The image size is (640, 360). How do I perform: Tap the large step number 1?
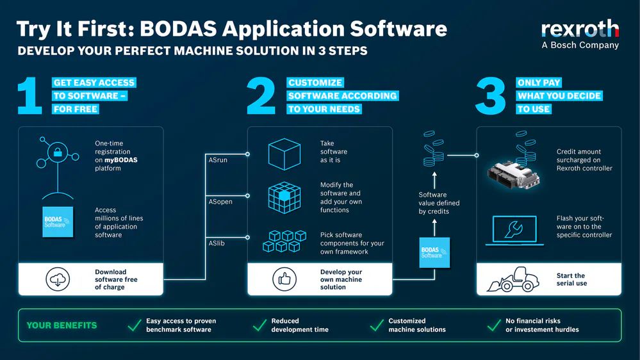pos(29,96)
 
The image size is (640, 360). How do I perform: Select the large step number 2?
pos(261,96)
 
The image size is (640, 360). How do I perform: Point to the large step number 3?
pos(491,96)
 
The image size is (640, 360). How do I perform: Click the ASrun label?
pos(218,160)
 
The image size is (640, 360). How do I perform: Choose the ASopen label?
pos(220,202)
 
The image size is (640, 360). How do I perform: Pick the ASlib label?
pos(217,243)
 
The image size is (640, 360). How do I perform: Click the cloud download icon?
pos(58,279)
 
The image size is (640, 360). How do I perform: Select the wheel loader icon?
pos(513,279)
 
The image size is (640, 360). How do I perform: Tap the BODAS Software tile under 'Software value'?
pos(434,252)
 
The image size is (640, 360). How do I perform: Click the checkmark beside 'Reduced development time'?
pos(259,325)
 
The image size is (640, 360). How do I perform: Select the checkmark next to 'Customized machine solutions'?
pos(377,325)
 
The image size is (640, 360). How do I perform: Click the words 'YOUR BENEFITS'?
pos(62,325)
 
